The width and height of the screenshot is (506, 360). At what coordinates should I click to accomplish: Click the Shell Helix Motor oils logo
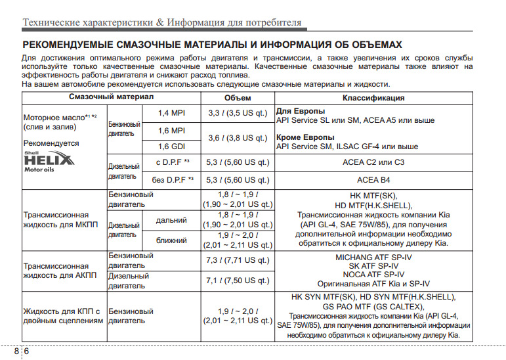pos(49,160)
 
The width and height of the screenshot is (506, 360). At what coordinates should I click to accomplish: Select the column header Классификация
pos(373,98)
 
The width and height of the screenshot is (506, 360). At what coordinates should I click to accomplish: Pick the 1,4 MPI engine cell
pos(171,113)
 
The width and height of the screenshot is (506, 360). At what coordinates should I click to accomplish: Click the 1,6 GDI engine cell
pos(171,146)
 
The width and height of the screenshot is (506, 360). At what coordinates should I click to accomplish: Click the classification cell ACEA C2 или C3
pos(373,162)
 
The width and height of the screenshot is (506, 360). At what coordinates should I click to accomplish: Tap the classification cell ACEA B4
pos(373,179)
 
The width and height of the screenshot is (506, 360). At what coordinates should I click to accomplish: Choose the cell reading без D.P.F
pos(173,179)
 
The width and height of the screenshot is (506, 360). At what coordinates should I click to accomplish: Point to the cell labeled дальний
pos(171,220)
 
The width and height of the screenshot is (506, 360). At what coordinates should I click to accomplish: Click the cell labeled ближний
pos(171,240)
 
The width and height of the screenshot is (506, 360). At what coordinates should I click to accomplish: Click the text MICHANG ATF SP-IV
pos(373,257)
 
